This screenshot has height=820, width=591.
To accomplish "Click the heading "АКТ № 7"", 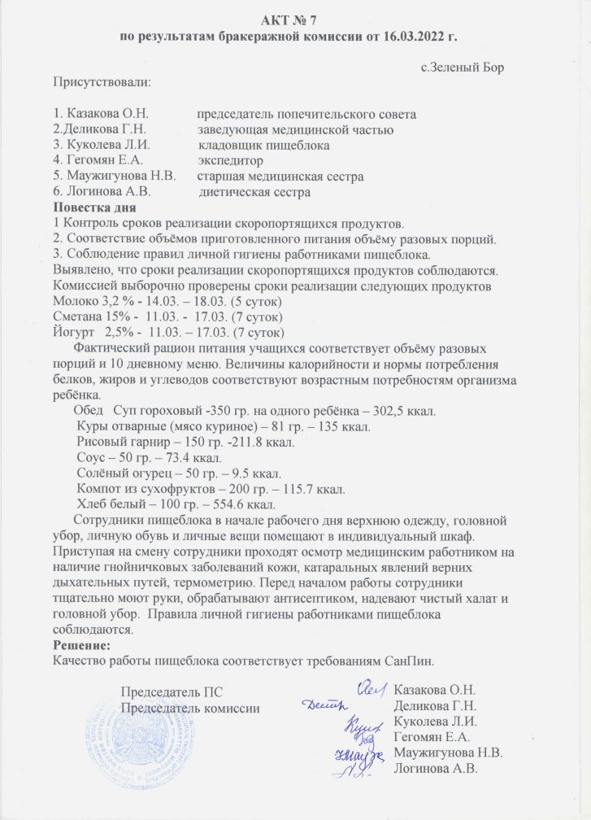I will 296,19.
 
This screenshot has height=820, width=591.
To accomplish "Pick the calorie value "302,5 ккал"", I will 404,411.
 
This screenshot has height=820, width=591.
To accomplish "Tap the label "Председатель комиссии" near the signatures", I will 190,709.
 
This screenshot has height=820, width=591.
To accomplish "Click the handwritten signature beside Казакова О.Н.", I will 370,689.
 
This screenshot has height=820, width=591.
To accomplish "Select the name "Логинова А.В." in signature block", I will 434,768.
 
